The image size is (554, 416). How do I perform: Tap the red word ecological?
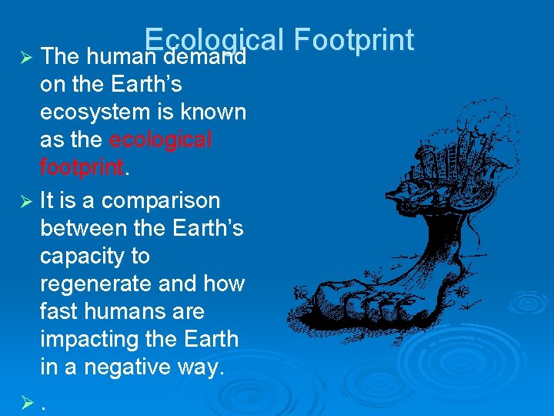(161, 140)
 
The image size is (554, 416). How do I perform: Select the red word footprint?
(81, 168)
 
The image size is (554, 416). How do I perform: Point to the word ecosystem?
(95, 112)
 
